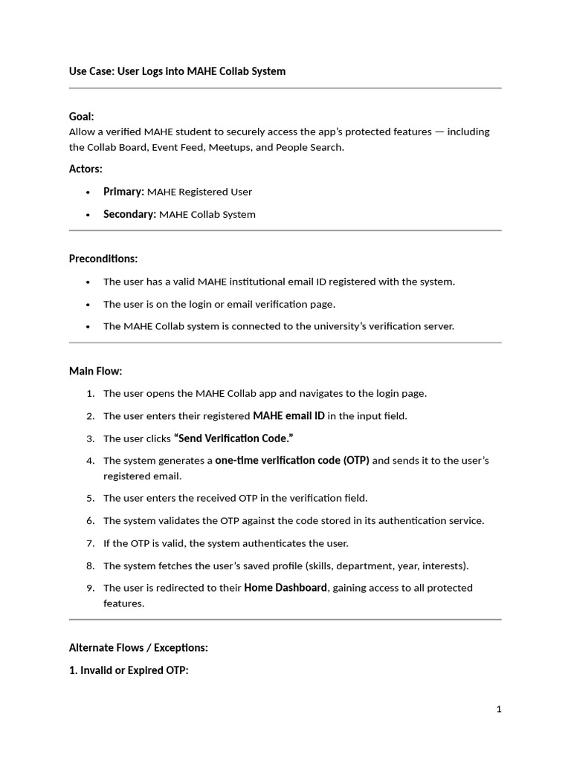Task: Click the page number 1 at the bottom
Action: point(499,709)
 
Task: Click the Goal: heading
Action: point(82,117)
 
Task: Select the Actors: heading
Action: point(86,169)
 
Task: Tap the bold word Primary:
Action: point(123,192)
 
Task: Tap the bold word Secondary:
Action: point(130,214)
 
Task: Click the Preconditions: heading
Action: point(103,259)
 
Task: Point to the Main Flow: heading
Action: point(95,371)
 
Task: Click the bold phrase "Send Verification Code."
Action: point(228,438)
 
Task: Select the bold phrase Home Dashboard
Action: point(285,587)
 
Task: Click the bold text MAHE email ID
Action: point(288,415)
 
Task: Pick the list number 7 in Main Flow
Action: point(90,543)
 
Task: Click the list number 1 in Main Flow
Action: point(90,393)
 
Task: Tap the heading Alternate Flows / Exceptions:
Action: point(138,647)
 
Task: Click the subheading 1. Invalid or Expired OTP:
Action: point(129,670)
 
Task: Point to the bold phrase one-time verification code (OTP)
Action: point(292,460)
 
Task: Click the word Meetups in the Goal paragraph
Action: point(229,147)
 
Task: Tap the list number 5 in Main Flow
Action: point(90,498)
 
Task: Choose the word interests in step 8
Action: point(443,566)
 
